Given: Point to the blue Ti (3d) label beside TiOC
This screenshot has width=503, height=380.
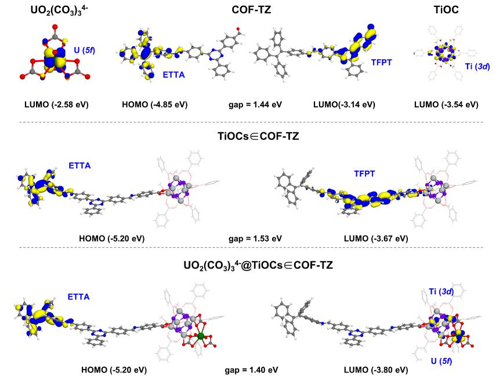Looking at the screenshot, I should [477, 67].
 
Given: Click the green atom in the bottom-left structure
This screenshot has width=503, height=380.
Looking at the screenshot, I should [200, 336].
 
